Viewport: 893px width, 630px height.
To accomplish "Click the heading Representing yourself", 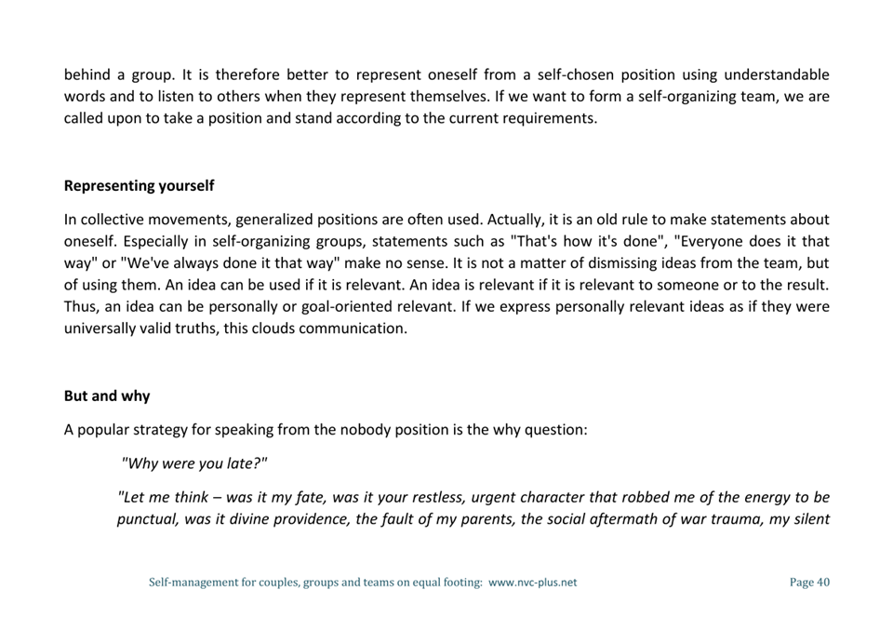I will point(139,186).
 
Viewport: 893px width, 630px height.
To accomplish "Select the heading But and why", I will point(107,396).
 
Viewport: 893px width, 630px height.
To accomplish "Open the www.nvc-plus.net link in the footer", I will point(532,583).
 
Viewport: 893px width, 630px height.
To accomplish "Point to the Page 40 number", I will point(809,583).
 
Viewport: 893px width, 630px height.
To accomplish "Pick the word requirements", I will point(550,119).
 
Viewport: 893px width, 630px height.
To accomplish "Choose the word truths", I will point(193,328).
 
